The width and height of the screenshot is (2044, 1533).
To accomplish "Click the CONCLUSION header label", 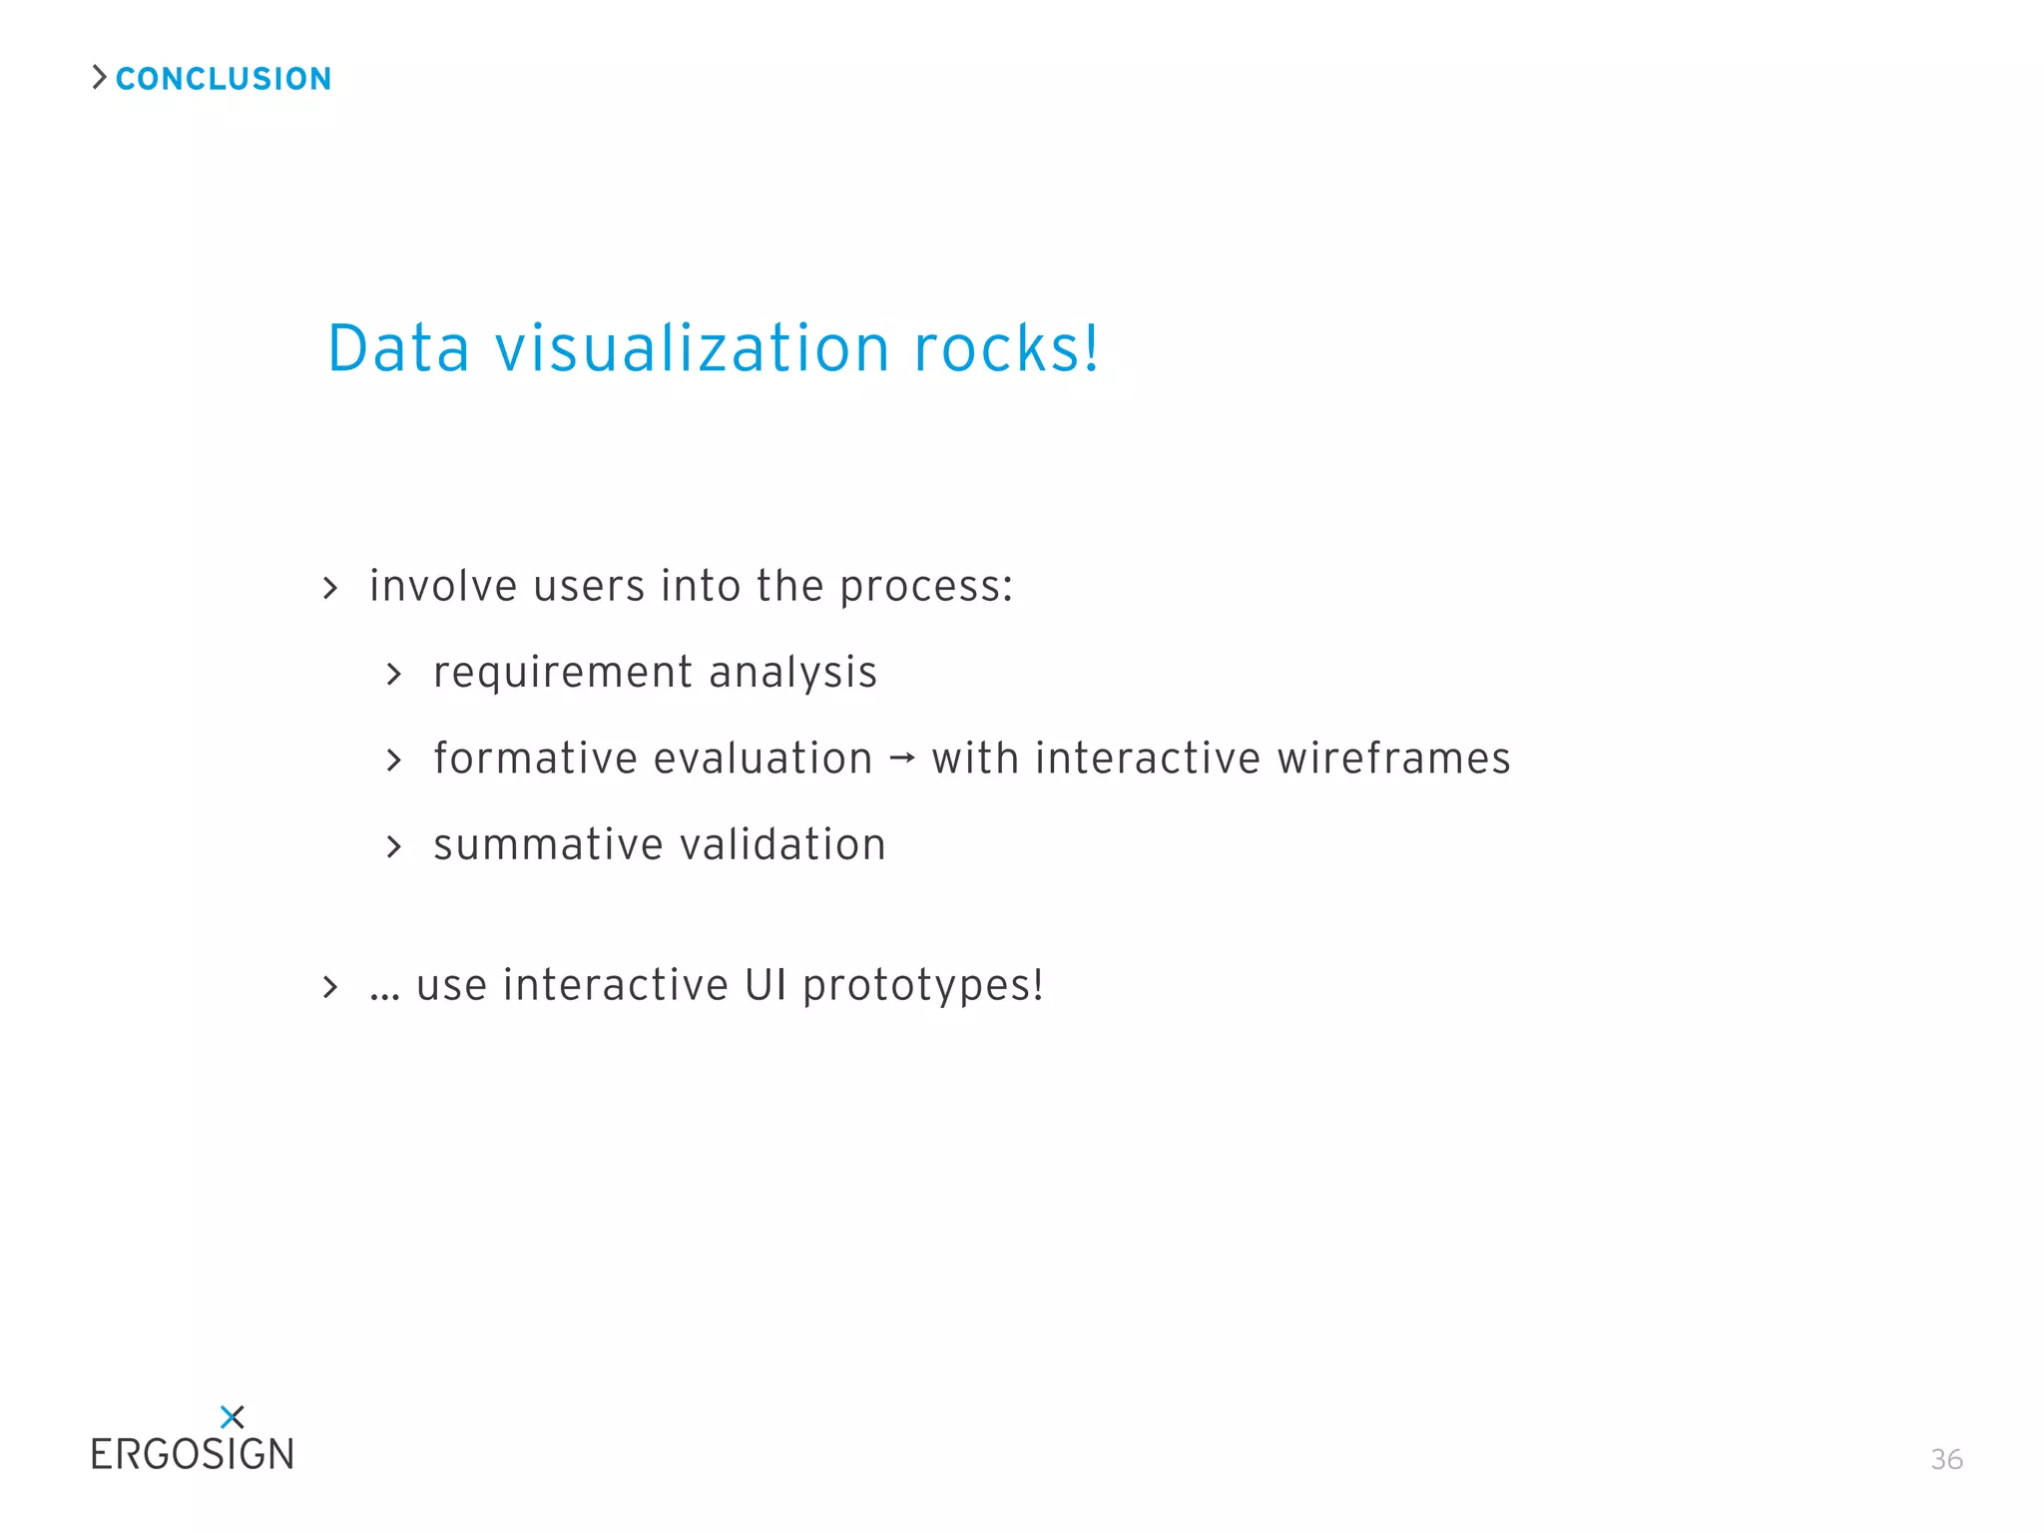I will pyautogui.click(x=224, y=79).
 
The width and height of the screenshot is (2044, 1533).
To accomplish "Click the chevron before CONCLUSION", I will pyautogui.click(x=99, y=77).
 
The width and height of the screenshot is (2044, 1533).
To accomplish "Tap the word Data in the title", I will pyautogui.click(x=398, y=349).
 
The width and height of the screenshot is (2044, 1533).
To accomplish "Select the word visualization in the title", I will pyautogui.click(x=693, y=349).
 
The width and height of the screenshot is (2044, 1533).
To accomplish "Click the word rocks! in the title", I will pyautogui.click(x=1006, y=349).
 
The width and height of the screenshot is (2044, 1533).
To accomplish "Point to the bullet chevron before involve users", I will pyautogui.click(x=330, y=588).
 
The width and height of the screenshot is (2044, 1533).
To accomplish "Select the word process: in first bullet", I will pyautogui.click(x=926, y=586).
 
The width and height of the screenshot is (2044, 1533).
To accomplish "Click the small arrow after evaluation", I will pyautogui.click(x=901, y=759).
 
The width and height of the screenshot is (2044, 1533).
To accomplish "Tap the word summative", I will pyautogui.click(x=548, y=845).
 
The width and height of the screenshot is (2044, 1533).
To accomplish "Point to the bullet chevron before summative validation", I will pyautogui.click(x=394, y=847).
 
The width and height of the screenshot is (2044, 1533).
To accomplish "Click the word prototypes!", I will pyautogui.click(x=923, y=986).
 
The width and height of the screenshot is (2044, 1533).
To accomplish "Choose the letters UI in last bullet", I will pyautogui.click(x=766, y=985).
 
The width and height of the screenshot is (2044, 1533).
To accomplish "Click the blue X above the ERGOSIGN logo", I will pyautogui.click(x=232, y=1416).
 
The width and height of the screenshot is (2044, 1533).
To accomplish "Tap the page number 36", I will pyautogui.click(x=1946, y=1459).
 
